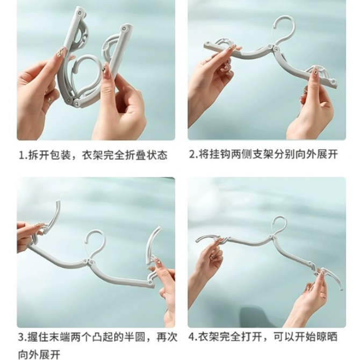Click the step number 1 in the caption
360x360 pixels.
point(21,155)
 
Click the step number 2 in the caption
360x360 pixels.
point(192,154)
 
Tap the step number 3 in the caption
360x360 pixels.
point(21,337)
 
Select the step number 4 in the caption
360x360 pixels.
point(192,337)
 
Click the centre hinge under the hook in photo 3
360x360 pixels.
point(89,261)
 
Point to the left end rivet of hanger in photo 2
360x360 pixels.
point(208,43)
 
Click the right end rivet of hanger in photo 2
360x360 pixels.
point(333,81)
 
